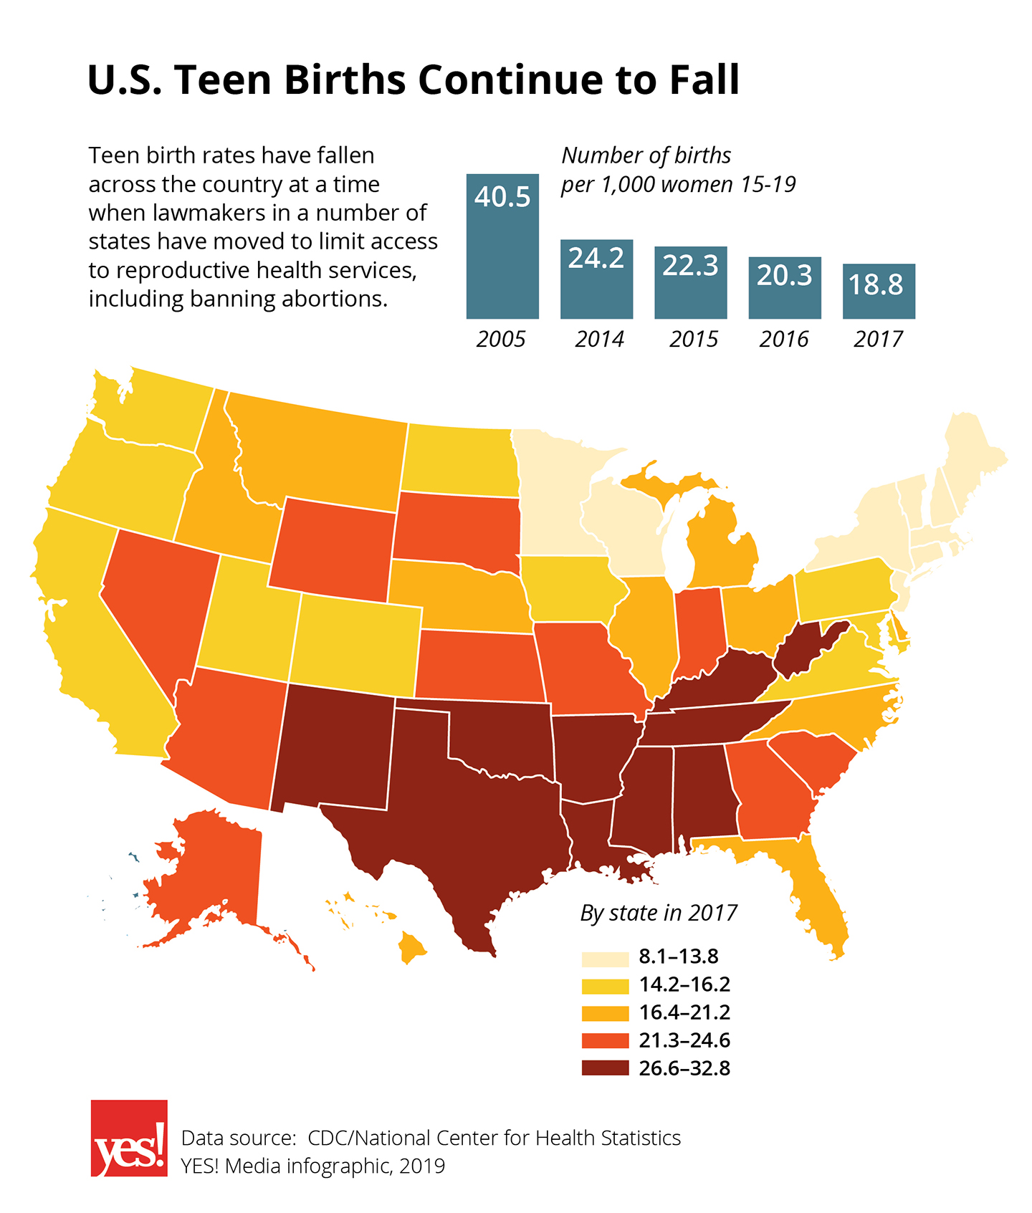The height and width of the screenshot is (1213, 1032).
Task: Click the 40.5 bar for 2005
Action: click(x=502, y=247)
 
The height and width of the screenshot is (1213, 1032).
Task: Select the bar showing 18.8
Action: click(x=879, y=292)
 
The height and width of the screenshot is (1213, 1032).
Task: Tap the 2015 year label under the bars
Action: click(x=694, y=339)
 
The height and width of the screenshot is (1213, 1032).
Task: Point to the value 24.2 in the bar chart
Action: click(x=596, y=258)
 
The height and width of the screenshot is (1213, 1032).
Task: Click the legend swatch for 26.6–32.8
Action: click(x=605, y=1068)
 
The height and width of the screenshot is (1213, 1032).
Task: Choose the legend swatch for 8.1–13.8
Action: click(x=605, y=957)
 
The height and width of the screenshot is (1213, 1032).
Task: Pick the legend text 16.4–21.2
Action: click(x=684, y=1012)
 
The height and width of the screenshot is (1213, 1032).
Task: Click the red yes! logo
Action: click(x=129, y=1138)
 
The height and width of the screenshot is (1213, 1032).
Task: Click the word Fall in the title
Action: click(x=704, y=80)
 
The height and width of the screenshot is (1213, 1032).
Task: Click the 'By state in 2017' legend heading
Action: click(x=659, y=913)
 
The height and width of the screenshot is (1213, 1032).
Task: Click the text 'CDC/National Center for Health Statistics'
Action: click(x=494, y=1138)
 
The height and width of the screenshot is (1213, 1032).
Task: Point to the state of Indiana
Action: click(x=697, y=631)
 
